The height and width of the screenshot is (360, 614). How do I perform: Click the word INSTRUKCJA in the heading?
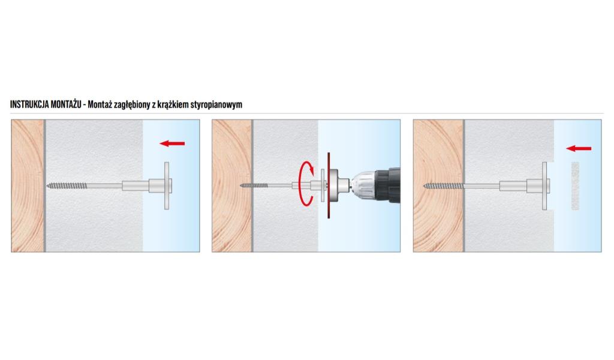(x=29, y=104)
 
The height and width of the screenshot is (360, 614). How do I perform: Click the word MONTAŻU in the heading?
(x=66, y=104)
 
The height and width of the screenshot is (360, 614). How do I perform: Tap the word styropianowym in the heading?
(x=216, y=104)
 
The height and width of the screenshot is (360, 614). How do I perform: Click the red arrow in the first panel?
(x=172, y=143)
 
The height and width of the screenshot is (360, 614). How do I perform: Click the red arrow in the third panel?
(x=579, y=148)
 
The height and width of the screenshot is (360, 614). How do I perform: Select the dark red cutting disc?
(x=329, y=185)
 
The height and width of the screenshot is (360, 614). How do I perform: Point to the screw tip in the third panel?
(x=424, y=185)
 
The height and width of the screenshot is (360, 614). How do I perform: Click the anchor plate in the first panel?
(x=167, y=185)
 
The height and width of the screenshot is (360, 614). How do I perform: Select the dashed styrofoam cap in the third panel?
(x=575, y=185)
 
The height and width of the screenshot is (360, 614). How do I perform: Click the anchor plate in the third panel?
(x=544, y=185)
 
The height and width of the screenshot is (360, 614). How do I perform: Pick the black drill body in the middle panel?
(x=388, y=185)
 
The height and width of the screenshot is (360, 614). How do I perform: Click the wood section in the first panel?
(x=28, y=185)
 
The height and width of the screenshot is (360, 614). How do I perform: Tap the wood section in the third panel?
(x=438, y=185)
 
